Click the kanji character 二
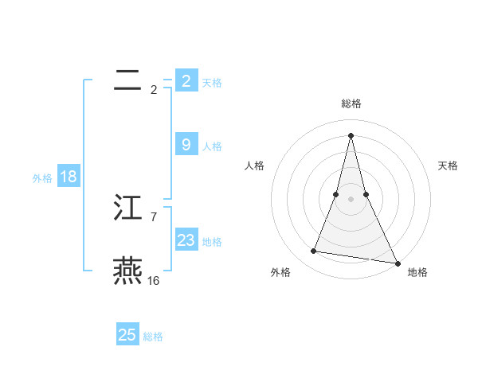(x=127, y=80)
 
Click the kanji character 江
(x=128, y=208)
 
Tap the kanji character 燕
(x=127, y=271)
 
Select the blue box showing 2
(x=186, y=80)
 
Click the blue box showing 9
(x=186, y=145)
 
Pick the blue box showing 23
(x=186, y=240)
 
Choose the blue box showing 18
(x=68, y=177)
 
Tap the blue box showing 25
(x=127, y=335)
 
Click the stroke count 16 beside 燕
(x=153, y=280)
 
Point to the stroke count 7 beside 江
(x=153, y=216)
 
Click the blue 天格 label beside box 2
(x=212, y=82)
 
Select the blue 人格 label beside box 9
(x=212, y=146)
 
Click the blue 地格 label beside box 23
(x=212, y=242)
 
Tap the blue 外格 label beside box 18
(x=42, y=178)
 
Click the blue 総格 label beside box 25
(x=153, y=337)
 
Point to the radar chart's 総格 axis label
(x=351, y=103)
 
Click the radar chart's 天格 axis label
(x=448, y=166)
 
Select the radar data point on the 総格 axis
(x=351, y=134)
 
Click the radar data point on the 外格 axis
(x=314, y=251)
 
